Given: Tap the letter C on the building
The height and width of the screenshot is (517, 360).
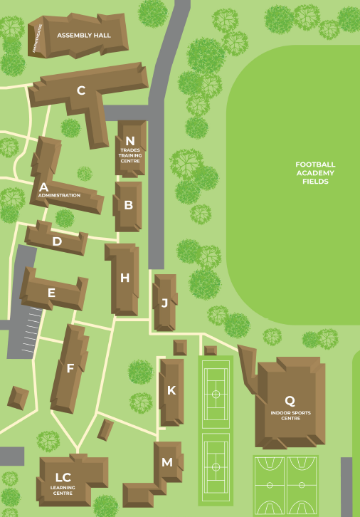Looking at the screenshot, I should click(81, 90).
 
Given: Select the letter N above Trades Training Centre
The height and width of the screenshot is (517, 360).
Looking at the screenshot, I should click(129, 141).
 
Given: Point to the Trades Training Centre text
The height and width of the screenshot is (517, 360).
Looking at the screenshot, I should click(129, 156).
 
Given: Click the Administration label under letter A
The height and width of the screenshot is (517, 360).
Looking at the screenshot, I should click(59, 195).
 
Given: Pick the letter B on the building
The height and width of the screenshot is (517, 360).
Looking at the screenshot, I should click(129, 205).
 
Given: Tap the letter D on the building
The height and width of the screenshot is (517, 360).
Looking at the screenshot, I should click(57, 241).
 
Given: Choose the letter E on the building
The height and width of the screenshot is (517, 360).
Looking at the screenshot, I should click(51, 292).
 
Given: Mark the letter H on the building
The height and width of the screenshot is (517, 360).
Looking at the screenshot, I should click(125, 278).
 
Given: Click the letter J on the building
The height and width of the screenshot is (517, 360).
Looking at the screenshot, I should click(164, 303).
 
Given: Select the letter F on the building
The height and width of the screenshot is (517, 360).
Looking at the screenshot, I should click(70, 368).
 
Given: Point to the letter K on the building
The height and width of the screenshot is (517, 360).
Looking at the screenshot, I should click(171, 390).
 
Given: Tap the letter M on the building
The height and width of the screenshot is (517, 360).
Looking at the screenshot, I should click(167, 462).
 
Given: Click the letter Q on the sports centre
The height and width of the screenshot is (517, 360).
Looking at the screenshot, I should click(290, 401).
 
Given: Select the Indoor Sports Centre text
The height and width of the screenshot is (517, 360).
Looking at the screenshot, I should click(285, 415).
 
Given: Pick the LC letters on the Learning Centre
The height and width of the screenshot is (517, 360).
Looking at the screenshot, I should click(63, 477).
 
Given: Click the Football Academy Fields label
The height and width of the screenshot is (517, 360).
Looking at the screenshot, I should click(315, 173).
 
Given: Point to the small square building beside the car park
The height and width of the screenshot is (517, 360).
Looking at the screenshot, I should click(18, 398).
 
